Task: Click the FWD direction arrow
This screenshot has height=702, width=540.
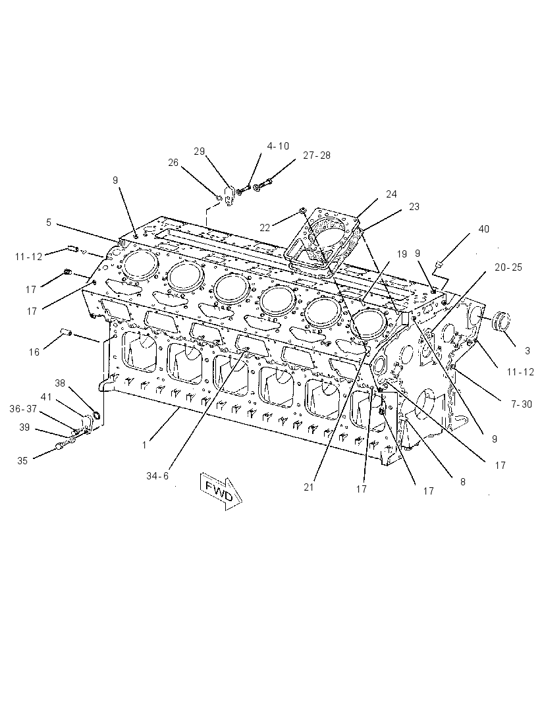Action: (221, 491)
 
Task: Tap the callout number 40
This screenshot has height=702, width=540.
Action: (483, 229)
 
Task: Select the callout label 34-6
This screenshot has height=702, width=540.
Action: (157, 476)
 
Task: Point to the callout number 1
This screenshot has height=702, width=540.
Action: (144, 445)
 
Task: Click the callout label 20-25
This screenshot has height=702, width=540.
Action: (508, 267)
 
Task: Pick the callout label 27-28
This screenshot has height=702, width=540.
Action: (317, 155)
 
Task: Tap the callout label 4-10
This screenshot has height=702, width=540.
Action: (278, 146)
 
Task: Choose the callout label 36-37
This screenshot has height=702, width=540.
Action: (23, 409)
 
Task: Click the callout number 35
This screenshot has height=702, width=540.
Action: (22, 461)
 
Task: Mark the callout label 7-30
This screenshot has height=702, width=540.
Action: (521, 404)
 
